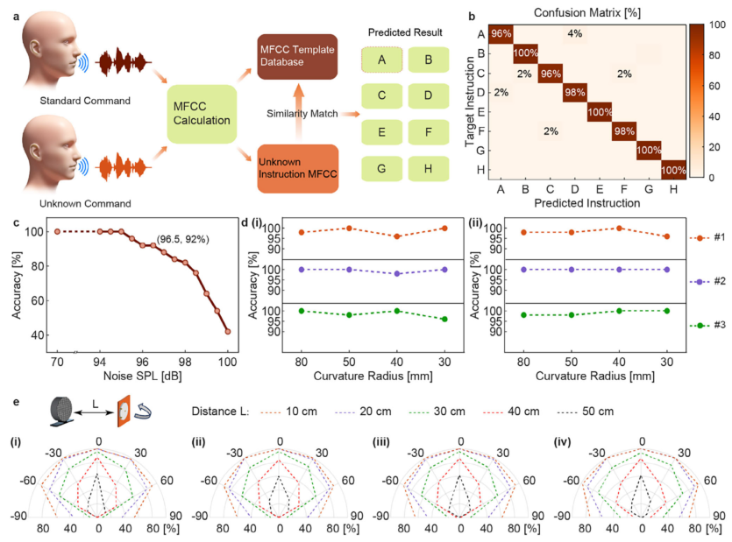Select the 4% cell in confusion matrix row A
574,33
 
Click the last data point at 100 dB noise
228,331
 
